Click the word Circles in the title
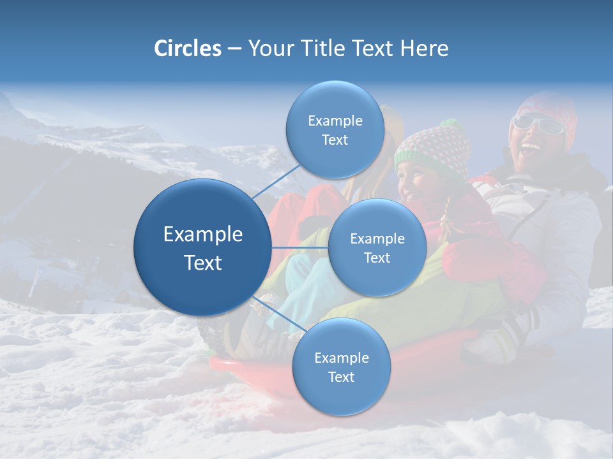point(187,48)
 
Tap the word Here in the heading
point(425,48)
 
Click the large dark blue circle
point(202,247)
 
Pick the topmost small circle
point(335,129)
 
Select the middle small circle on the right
point(377,247)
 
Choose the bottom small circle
point(341,367)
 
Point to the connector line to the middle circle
point(300,247)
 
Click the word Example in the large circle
point(202,234)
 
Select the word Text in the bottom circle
point(341,377)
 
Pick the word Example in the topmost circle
point(335,120)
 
